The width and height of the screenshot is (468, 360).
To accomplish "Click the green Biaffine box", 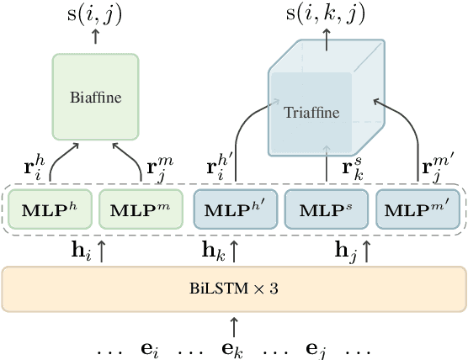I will [95, 97].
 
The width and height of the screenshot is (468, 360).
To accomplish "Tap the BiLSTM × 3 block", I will [234, 288].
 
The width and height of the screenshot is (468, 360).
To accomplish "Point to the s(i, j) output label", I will [95, 14].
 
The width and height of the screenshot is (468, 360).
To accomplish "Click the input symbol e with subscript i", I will [154, 347].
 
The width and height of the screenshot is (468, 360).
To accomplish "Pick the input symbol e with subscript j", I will [313, 347].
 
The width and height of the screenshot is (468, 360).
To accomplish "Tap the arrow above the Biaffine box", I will [95, 38].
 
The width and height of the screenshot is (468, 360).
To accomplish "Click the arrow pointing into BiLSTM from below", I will [234, 324].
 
